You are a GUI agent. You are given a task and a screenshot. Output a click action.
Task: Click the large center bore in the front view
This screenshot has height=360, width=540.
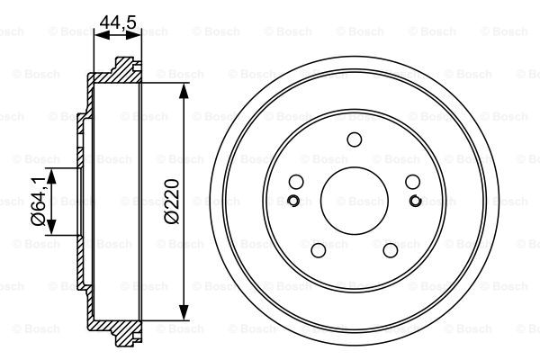click(354, 200)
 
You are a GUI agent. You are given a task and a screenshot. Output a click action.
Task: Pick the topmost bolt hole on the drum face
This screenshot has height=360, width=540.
click(354, 139)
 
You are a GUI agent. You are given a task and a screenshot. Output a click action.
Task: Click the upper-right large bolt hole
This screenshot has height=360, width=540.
click(412, 181)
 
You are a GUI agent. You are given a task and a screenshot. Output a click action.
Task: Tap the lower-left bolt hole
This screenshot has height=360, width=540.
click(318, 249)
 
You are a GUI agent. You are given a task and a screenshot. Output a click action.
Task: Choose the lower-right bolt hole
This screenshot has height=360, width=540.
click(390, 249)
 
